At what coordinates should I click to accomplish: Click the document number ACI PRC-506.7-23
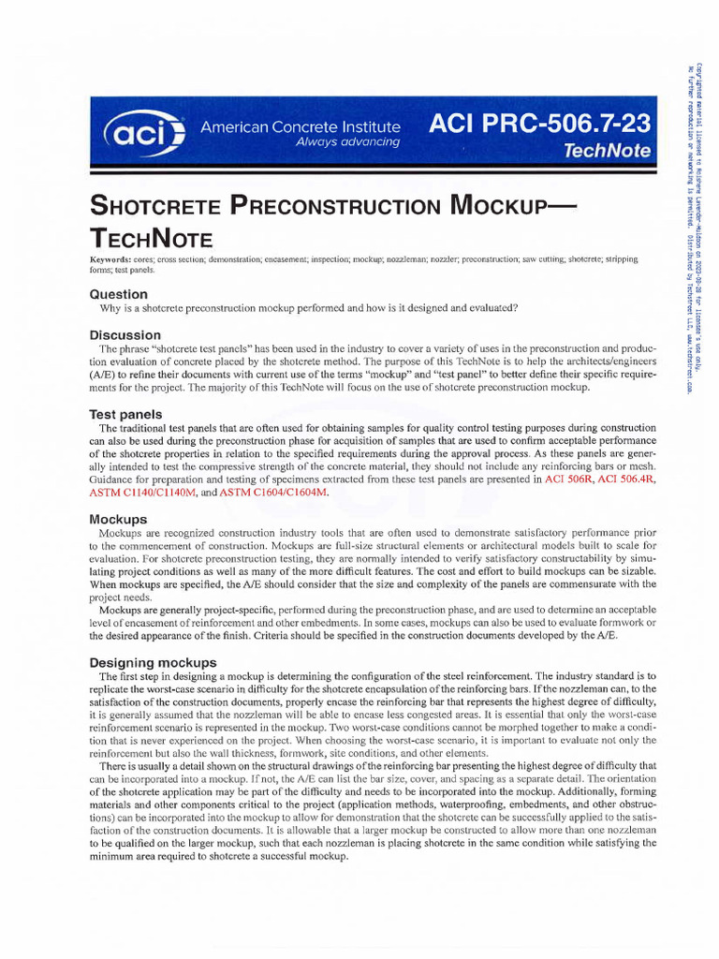538,124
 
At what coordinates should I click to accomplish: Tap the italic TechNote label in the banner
608,150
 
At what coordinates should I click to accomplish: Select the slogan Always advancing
347,142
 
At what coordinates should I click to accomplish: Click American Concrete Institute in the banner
301,126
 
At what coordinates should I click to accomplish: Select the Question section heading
119,293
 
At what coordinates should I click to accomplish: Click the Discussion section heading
125,334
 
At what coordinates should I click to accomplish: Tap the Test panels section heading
125,414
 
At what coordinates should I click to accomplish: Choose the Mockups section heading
118,518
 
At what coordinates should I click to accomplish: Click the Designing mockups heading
153,662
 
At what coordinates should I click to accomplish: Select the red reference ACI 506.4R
627,479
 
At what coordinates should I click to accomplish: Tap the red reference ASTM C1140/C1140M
141,492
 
